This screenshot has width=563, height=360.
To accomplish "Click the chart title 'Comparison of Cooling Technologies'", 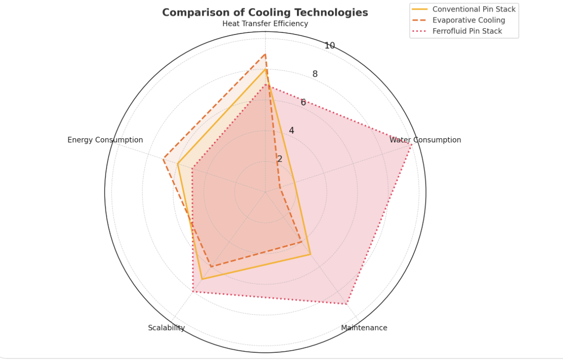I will [265, 12].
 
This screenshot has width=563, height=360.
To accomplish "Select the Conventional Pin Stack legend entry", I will [473, 9].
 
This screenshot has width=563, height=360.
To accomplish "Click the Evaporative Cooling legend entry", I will [468, 21].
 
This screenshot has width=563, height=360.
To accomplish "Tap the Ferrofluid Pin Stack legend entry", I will [467, 31].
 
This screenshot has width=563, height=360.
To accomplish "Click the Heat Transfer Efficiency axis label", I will [265, 24].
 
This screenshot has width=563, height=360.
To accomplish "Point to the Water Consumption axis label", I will [425, 140].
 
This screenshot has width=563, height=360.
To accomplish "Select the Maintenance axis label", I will [364, 328].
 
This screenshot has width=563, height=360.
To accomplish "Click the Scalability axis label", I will [166, 328].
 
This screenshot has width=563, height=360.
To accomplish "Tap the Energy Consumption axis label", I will [105, 140].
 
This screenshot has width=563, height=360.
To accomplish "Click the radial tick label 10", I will [330, 46].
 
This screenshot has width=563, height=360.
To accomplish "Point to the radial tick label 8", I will [315, 74].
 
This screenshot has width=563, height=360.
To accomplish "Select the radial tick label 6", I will [303, 102].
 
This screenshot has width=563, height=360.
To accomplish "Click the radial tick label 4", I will [291, 131].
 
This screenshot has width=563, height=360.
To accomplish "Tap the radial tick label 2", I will [279, 159].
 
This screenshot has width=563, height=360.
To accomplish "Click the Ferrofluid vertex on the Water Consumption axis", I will [411, 145].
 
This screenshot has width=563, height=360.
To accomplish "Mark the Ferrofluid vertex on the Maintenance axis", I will [346, 304].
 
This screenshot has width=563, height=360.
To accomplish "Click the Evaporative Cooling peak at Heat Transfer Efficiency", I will [265, 54].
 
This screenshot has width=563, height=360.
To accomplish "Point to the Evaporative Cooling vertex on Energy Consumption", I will [164, 159].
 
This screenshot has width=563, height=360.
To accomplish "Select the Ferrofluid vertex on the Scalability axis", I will [193, 292].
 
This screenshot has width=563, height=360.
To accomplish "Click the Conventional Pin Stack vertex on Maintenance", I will [310, 255].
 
